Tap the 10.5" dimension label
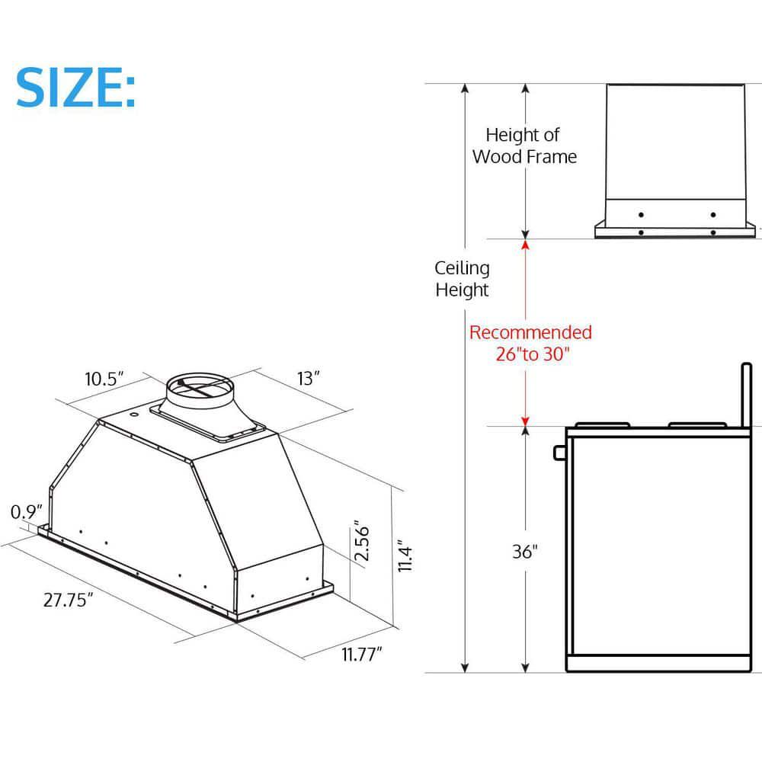pos(104,379)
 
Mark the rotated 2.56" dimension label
pos(362,542)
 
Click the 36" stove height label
pos(525,552)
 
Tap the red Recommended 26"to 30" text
pos(530,343)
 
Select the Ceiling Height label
pos(463,279)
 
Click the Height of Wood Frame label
pos(524,146)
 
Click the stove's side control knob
pos(560,453)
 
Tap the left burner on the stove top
pos(602,424)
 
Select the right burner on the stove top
pos(696,424)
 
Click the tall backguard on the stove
pos(744,396)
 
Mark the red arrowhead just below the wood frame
pos(524,245)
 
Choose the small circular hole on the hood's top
pos(135,415)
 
